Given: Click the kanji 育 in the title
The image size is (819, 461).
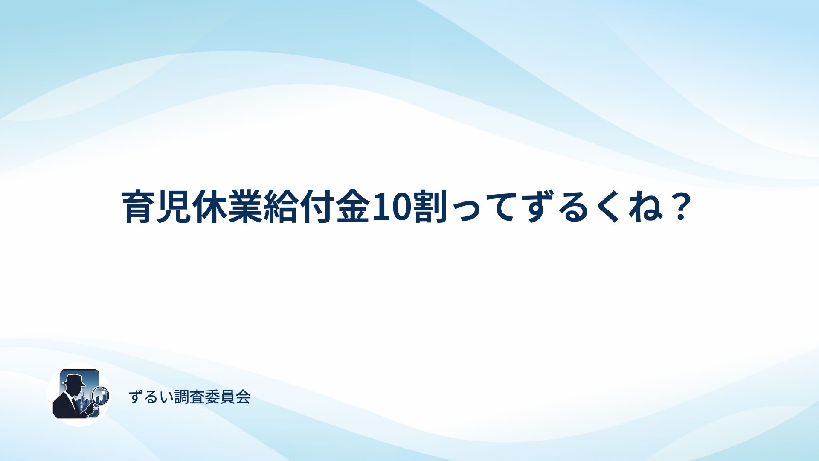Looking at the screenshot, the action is (139, 207).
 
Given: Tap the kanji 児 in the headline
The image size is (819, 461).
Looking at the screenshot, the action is (174, 207).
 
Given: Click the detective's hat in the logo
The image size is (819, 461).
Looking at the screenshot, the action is (73, 380).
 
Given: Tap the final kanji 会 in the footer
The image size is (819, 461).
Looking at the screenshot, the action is (243, 397).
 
